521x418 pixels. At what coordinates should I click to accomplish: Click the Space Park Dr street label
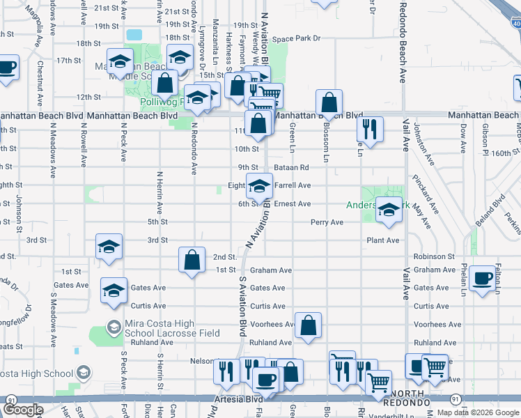[296, 39]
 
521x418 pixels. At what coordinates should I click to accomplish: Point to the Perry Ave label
[327, 223]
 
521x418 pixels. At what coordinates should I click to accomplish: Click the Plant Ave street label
[383, 240]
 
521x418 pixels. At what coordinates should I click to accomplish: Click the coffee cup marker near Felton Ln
[482, 279]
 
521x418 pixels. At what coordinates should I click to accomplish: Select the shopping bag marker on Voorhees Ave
[308, 325]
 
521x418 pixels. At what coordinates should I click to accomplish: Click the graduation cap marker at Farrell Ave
[259, 186]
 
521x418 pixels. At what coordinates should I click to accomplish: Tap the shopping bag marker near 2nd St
[192, 261]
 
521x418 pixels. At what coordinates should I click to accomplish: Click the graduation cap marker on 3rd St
[109, 247]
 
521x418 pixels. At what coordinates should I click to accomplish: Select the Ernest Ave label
[292, 204]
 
